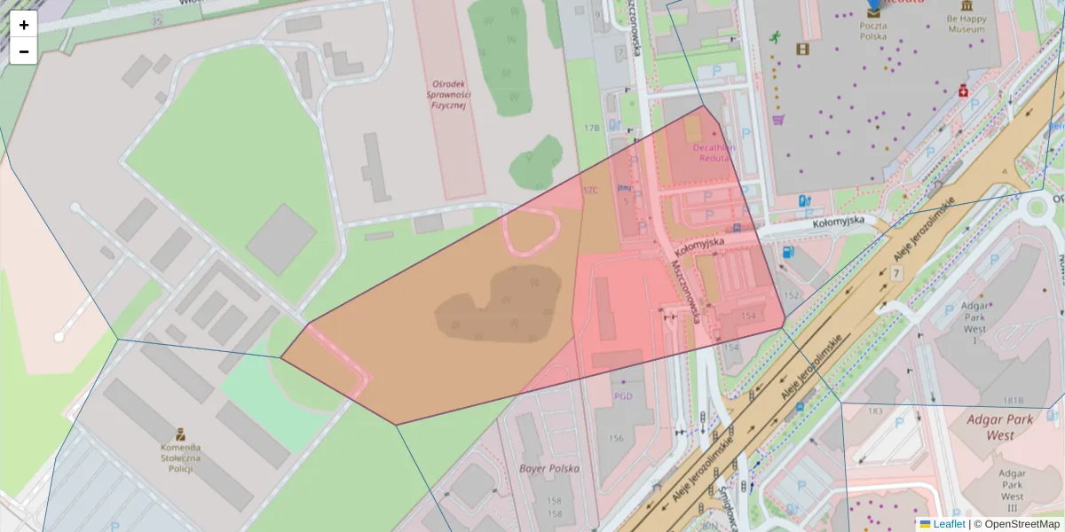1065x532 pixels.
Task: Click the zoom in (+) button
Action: [24, 25]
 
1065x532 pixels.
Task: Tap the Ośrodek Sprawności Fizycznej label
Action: [449, 93]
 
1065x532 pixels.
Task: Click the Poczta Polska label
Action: [874, 31]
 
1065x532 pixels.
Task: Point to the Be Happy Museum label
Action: [966, 24]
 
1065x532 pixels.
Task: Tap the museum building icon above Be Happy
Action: [966, 6]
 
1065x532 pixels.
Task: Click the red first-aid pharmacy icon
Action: [962, 90]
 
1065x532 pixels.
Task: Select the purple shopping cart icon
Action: [778, 120]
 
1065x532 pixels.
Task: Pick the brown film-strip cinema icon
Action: [802, 50]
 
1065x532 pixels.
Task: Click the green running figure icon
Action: [775, 37]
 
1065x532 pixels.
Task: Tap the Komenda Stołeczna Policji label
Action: [180, 458]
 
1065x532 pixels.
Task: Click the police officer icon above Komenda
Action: [180, 434]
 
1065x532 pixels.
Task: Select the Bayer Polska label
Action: [549, 468]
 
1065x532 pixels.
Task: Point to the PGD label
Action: [623, 396]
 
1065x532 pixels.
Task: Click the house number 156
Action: [617, 438]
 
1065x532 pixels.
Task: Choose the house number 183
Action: [875, 411]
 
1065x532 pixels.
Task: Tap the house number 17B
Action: [592, 129]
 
